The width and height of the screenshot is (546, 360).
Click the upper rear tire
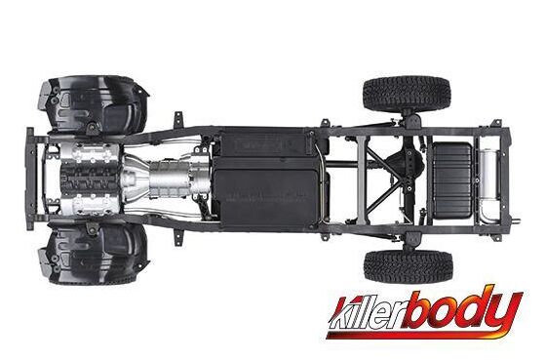coord(407,93)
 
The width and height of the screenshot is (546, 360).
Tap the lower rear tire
coord(409,266)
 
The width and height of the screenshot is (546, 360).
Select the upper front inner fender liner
coord(94,105)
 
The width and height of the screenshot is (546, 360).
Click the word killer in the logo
coord(369,316)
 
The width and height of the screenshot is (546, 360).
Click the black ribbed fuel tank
coord(452,180)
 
